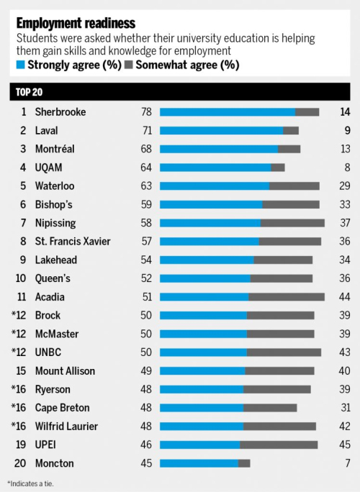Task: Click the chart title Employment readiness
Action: tap(76, 23)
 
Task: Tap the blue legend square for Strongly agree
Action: tap(20, 65)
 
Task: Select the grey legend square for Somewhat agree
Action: tap(129, 65)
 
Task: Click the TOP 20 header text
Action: tap(29, 92)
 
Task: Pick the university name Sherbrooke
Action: tap(60, 112)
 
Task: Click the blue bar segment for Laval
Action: tap(222, 130)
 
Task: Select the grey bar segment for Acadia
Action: tap(287, 297)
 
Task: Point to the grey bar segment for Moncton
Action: tap(244, 463)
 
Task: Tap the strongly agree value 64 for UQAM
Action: tap(146, 168)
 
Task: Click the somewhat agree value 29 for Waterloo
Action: tap(345, 186)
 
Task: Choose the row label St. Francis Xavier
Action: tap(73, 241)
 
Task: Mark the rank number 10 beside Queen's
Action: tap(21, 278)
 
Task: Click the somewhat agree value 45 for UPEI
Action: tap(345, 445)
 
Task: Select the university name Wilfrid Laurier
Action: tap(66, 426)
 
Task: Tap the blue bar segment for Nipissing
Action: tap(210, 223)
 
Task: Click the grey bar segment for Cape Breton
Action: tap(270, 408)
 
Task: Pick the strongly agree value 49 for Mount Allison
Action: tap(146, 371)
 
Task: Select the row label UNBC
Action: tap(48, 352)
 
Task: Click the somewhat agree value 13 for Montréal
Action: tap(345, 149)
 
